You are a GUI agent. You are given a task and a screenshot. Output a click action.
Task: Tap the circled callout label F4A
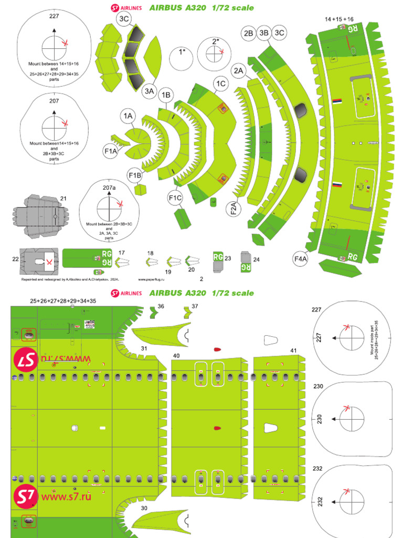(x=300, y=258)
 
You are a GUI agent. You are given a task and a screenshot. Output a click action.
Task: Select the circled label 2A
(x=239, y=70)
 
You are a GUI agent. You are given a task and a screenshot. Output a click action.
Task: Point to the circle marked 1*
(x=183, y=52)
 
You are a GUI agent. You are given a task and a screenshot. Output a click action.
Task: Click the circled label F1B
(x=135, y=175)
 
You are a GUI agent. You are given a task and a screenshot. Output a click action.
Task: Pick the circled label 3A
(x=150, y=91)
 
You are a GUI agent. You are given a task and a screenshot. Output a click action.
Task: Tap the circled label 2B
(x=248, y=33)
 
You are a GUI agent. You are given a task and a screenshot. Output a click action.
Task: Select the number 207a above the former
(x=110, y=187)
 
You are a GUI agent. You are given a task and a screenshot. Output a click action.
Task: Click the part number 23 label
(x=228, y=258)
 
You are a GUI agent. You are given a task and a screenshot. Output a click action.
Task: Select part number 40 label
(x=177, y=356)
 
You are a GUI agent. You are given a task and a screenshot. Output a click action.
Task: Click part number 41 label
(x=293, y=350)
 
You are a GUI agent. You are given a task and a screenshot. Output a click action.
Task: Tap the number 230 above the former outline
(x=318, y=386)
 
